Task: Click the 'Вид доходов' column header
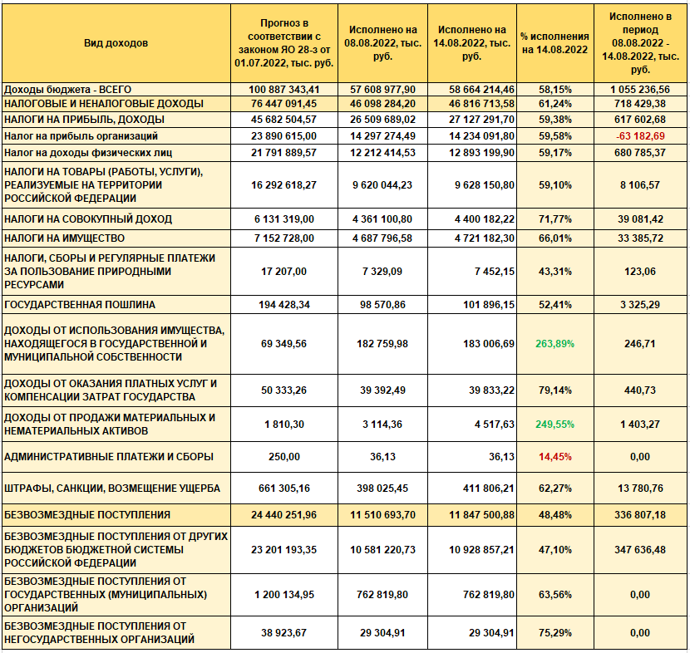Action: (x=116, y=43)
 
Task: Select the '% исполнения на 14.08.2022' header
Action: (x=554, y=43)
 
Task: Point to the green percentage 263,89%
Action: (x=554, y=343)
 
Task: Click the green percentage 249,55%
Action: (x=554, y=424)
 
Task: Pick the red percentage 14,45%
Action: (x=554, y=456)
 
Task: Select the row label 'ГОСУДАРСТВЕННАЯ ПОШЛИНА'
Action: (x=80, y=305)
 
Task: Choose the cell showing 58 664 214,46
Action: (x=471, y=89)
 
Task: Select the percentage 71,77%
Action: (x=554, y=219)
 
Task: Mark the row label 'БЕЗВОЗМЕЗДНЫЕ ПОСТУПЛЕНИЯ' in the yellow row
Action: (x=87, y=515)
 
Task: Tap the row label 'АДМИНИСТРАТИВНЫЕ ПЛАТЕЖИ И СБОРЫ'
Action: (x=109, y=456)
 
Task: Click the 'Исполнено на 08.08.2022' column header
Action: (x=378, y=43)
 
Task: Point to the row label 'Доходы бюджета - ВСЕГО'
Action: (x=68, y=89)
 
